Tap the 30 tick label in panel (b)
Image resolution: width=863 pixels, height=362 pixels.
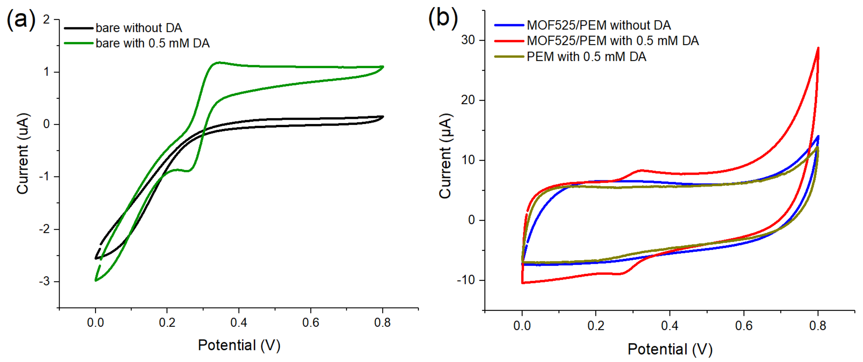[468, 40]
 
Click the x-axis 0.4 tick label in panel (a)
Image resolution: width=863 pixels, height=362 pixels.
[239, 323]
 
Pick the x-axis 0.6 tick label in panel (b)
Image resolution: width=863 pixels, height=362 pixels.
[744, 325]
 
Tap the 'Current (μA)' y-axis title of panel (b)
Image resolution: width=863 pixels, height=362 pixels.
[446, 156]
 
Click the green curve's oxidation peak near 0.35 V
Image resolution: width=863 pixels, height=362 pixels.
[218, 62]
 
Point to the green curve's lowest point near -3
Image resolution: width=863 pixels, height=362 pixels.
[96, 280]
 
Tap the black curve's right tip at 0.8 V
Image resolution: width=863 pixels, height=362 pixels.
[383, 117]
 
